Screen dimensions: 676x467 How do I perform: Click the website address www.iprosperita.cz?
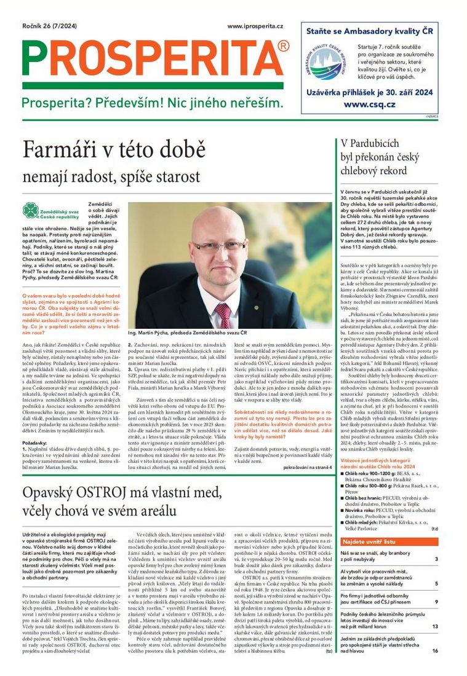(255, 26)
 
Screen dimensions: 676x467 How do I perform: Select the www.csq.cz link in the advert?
(369, 104)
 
